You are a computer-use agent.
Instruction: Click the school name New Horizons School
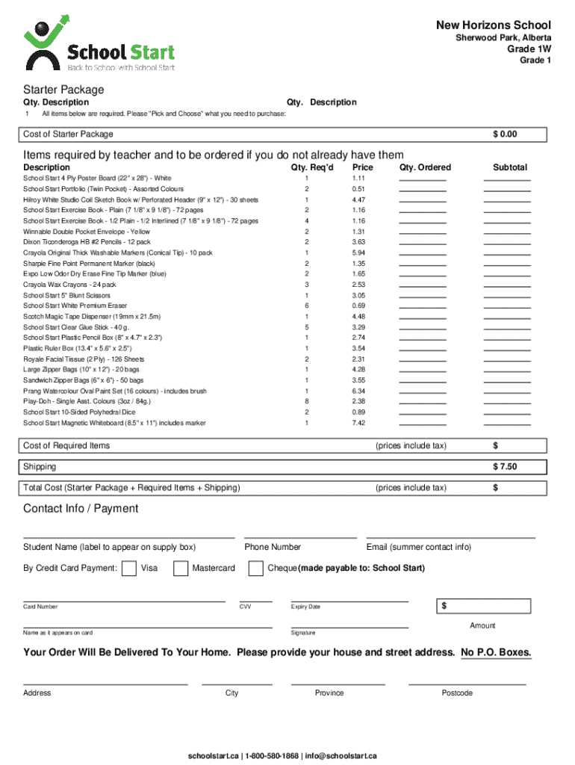tap(494, 25)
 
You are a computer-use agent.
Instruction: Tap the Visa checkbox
tap(128, 569)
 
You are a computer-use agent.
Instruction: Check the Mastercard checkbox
tap(181, 569)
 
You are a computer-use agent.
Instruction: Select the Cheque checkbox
tap(256, 569)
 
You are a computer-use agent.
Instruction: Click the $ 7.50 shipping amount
tap(505, 467)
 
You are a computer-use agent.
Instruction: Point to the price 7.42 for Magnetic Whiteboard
tap(358, 423)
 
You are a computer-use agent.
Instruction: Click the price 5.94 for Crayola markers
tap(358, 253)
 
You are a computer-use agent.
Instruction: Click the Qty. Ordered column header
tap(425, 167)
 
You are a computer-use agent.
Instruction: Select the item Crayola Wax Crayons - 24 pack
tap(69, 285)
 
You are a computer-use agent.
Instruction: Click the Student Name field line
tap(128, 537)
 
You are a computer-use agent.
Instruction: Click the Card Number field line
tap(124, 601)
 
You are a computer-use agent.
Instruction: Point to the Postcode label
tap(456, 693)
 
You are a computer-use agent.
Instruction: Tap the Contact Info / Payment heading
tap(81, 509)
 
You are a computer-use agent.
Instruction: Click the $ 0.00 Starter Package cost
tap(505, 134)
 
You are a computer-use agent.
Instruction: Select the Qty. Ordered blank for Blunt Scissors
tap(422, 296)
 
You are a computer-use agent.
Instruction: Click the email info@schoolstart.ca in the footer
tap(341, 755)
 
